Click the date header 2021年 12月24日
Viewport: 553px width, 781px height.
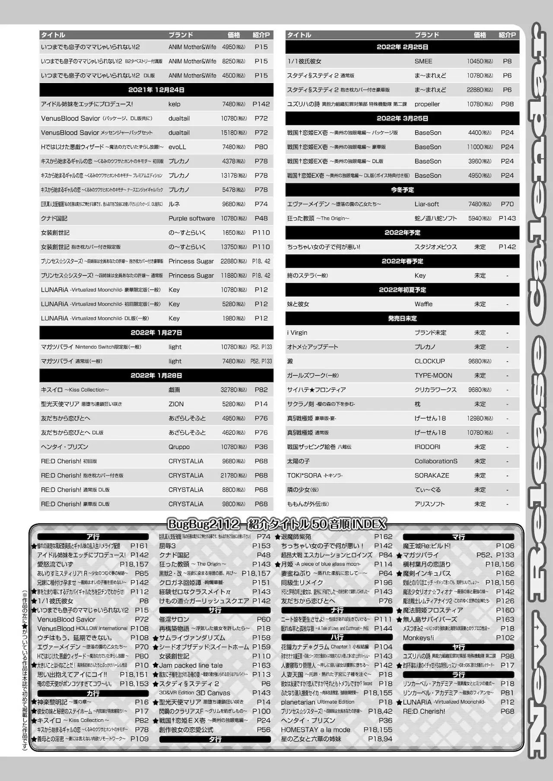pyautogui.click(x=156, y=90)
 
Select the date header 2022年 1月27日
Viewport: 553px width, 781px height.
pyautogui.click(x=156, y=333)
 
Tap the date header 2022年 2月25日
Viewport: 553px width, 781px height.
pyautogui.click(x=402, y=47)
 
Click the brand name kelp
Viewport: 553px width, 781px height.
pyautogui.click(x=175, y=104)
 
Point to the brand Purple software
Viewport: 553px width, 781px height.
pyautogui.click(x=191, y=218)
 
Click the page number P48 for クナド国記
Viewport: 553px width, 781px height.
pyautogui.click(x=261, y=218)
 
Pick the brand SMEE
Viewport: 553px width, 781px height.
pyautogui.click(x=423, y=61)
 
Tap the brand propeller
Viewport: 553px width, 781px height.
pyautogui.click(x=427, y=104)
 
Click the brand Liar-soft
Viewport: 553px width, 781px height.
pyautogui.click(x=426, y=204)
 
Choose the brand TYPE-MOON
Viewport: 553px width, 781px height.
pyautogui.click(x=433, y=376)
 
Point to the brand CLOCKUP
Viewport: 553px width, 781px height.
pyautogui.click(x=429, y=361)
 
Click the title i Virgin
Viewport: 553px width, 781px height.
pyautogui.click(x=297, y=333)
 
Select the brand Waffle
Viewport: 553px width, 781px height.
pyautogui.click(x=423, y=304)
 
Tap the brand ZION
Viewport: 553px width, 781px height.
pyautogui.click(x=176, y=404)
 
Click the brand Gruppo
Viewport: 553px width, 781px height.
pyautogui.click(x=179, y=447)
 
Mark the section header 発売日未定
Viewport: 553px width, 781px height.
pyautogui.click(x=402, y=319)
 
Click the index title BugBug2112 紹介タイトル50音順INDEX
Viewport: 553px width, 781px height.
pyautogui.click(x=276, y=524)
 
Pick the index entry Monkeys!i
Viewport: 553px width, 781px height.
pyautogui.click(x=418, y=638)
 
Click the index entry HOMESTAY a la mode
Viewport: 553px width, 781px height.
pyautogui.click(x=315, y=730)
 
